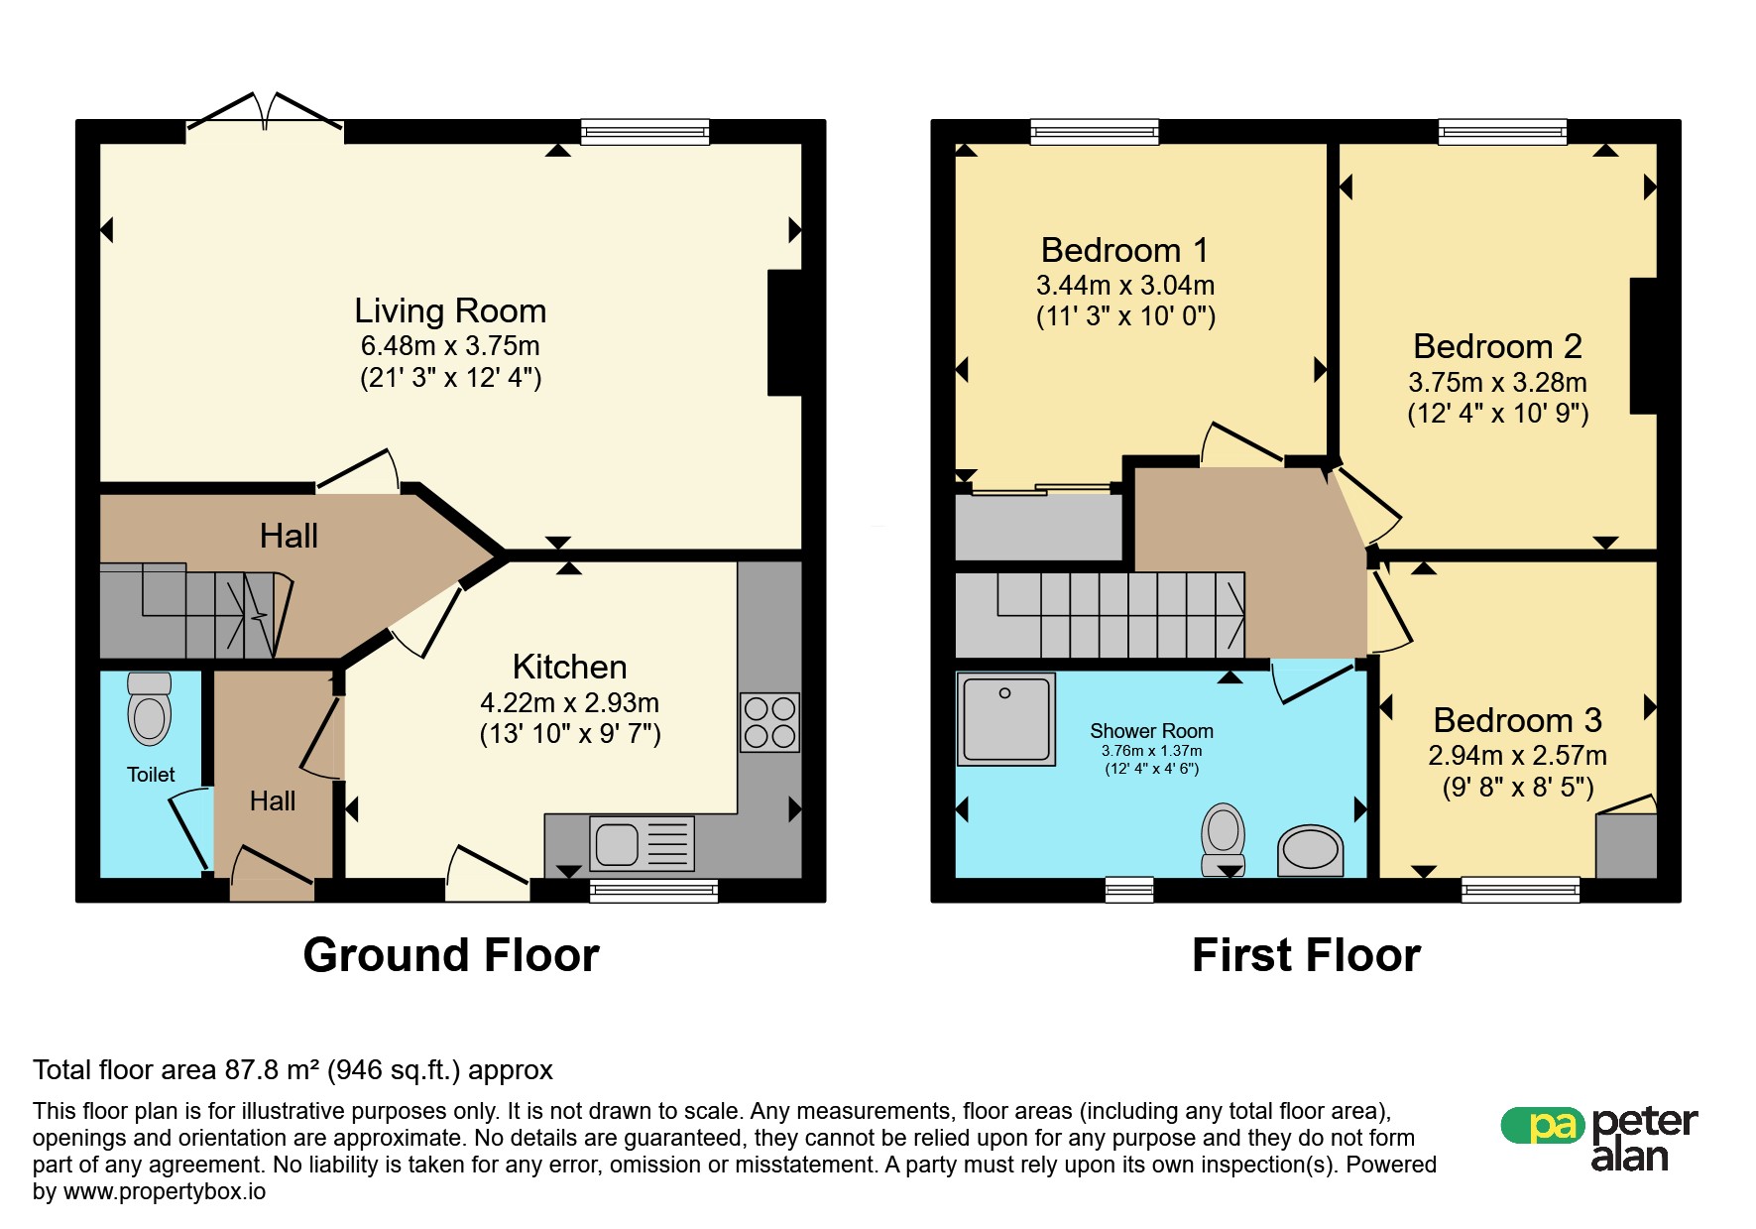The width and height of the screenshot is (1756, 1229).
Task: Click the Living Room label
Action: [450, 310]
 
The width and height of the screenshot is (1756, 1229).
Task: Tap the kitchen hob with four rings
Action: [769, 722]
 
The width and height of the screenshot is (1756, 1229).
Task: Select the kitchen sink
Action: [642, 844]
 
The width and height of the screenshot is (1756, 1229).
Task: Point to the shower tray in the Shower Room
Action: [1005, 719]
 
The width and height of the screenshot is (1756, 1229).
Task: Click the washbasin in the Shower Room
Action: [1310, 850]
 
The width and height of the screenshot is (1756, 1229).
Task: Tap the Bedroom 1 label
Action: [1124, 250]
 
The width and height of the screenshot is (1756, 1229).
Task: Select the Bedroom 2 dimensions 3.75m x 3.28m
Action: [1497, 382]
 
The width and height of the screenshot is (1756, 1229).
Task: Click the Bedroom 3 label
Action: [1517, 720]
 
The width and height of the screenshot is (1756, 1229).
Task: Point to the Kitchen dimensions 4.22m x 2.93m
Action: [569, 702]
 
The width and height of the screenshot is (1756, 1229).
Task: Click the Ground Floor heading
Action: [451, 955]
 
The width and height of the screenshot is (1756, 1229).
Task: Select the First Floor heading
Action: [1306, 955]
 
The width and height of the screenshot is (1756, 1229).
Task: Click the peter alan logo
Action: [1599, 1139]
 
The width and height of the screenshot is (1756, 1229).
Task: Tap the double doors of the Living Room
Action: [265, 114]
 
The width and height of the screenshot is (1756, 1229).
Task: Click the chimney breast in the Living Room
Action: [784, 333]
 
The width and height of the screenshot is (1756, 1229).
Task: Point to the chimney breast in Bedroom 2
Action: [1643, 345]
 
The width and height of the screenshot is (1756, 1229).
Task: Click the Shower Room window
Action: [1129, 890]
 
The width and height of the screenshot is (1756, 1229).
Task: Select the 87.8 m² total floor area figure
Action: [272, 1069]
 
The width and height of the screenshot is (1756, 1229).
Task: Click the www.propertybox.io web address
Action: [165, 1191]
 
